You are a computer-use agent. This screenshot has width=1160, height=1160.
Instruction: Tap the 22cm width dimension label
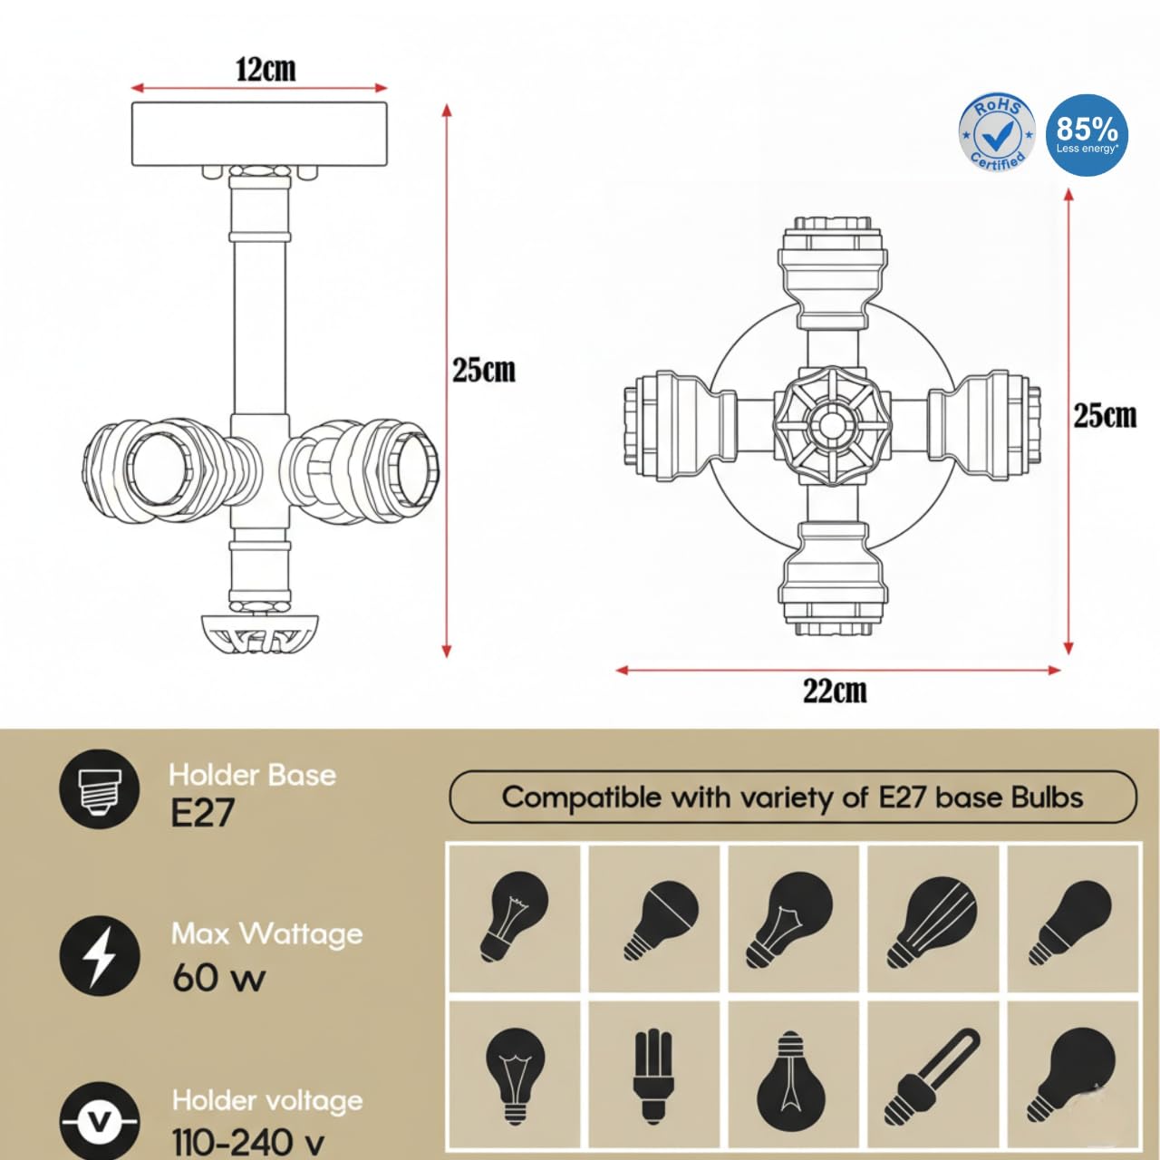pyautogui.click(x=835, y=691)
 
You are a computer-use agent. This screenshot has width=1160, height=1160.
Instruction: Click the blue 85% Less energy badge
pyautogui.click(x=1087, y=135)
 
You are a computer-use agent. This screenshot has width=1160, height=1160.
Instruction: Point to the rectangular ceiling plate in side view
pyautogui.click(x=259, y=133)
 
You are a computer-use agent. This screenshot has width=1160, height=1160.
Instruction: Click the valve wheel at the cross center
pyautogui.click(x=831, y=426)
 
